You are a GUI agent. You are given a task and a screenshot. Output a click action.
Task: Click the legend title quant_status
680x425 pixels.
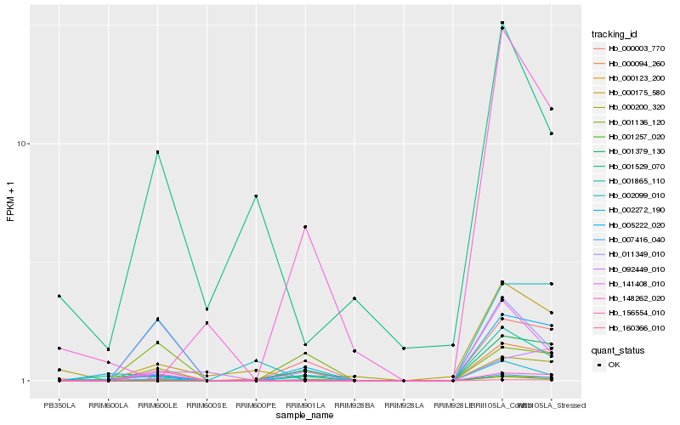[618, 349]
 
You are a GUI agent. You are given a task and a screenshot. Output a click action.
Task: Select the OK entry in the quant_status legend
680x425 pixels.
[614, 364]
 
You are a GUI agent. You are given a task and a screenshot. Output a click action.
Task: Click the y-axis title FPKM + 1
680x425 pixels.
[11, 202]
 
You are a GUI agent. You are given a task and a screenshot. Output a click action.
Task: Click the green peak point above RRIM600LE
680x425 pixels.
[157, 152]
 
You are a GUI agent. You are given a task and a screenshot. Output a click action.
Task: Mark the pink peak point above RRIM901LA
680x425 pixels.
[305, 227]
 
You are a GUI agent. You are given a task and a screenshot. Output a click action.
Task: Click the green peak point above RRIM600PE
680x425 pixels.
[256, 196]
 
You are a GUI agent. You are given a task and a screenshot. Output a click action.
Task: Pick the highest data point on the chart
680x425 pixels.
[502, 23]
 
